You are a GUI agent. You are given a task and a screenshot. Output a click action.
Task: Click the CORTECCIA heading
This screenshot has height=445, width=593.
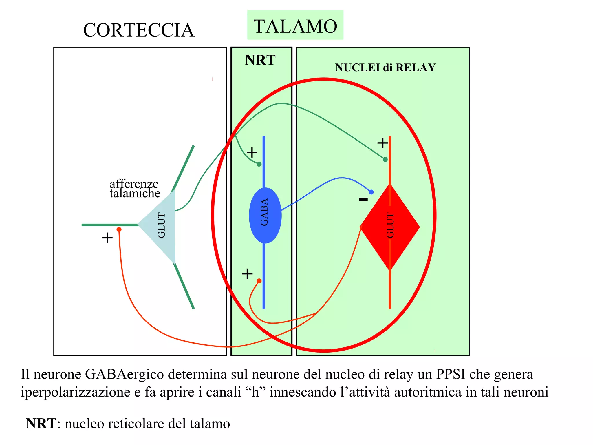(x=138, y=30)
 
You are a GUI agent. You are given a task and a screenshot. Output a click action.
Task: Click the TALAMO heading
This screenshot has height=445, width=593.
(x=295, y=26)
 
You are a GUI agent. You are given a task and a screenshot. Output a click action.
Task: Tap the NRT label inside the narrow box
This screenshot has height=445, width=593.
(x=260, y=60)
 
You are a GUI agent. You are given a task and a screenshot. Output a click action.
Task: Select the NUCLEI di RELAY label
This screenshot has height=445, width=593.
(x=385, y=68)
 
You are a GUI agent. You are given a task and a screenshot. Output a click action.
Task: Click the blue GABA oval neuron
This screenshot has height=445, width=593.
(x=265, y=216)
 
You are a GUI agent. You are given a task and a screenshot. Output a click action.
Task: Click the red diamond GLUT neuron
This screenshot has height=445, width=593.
(x=390, y=227)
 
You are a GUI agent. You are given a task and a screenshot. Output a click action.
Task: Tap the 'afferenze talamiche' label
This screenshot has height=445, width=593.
(x=135, y=189)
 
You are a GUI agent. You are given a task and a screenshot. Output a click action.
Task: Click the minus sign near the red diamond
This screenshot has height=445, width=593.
(x=363, y=199)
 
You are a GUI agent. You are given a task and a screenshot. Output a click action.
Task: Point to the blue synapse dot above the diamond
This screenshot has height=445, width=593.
(x=371, y=192)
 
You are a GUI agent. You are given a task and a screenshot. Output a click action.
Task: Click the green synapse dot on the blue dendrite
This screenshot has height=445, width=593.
(x=259, y=164)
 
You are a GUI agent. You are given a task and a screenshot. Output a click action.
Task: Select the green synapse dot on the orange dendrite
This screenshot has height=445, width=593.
(x=385, y=159)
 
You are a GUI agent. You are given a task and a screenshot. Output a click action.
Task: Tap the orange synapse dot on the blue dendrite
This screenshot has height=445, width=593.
(x=259, y=281)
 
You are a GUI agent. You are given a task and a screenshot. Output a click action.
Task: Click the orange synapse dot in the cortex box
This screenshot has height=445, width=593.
(x=119, y=229)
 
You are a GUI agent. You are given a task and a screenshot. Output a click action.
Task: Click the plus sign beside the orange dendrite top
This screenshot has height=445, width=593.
(x=382, y=143)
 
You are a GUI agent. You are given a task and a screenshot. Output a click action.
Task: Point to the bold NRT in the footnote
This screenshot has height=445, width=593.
(x=41, y=424)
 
